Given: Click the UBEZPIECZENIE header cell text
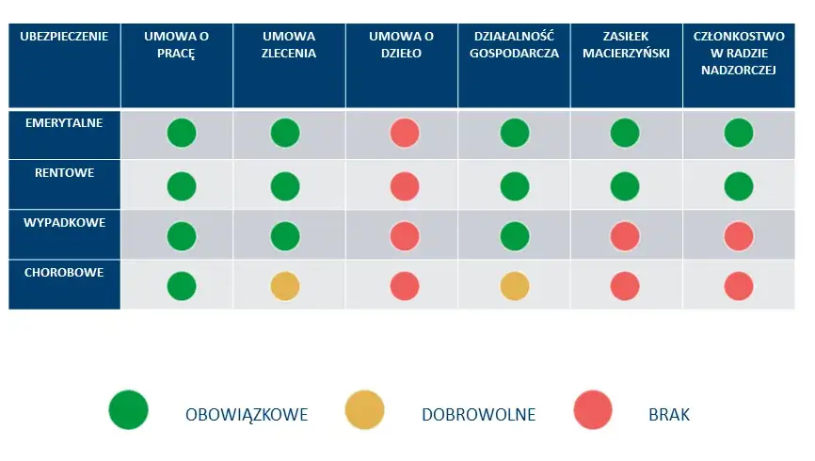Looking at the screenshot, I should [x=64, y=37].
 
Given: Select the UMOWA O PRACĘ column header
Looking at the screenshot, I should [x=176, y=44].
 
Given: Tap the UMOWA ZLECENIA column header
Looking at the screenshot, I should [x=288, y=44].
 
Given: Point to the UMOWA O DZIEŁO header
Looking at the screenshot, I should [x=401, y=44].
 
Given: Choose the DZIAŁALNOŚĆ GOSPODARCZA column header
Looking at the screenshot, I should [x=513, y=44].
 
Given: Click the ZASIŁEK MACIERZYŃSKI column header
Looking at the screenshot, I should [x=626, y=44].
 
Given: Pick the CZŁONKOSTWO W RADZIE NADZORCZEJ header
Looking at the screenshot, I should [x=738, y=53].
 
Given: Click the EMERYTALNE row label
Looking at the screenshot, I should [x=64, y=123].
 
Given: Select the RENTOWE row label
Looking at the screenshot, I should [x=64, y=173].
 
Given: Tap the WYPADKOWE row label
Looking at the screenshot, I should [x=64, y=223].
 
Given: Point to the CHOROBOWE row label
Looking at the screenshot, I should [x=64, y=273].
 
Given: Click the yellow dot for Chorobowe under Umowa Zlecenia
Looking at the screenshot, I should [x=284, y=285].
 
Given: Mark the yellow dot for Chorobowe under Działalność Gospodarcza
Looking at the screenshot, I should [x=514, y=285].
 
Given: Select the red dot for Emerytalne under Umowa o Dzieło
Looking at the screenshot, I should [x=405, y=134].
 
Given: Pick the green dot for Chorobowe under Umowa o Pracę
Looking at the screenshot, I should [x=182, y=285].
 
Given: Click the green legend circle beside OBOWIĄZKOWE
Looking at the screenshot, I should [x=129, y=412].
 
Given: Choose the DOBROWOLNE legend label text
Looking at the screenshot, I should [x=478, y=414].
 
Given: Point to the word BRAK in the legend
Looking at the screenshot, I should [x=669, y=414].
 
